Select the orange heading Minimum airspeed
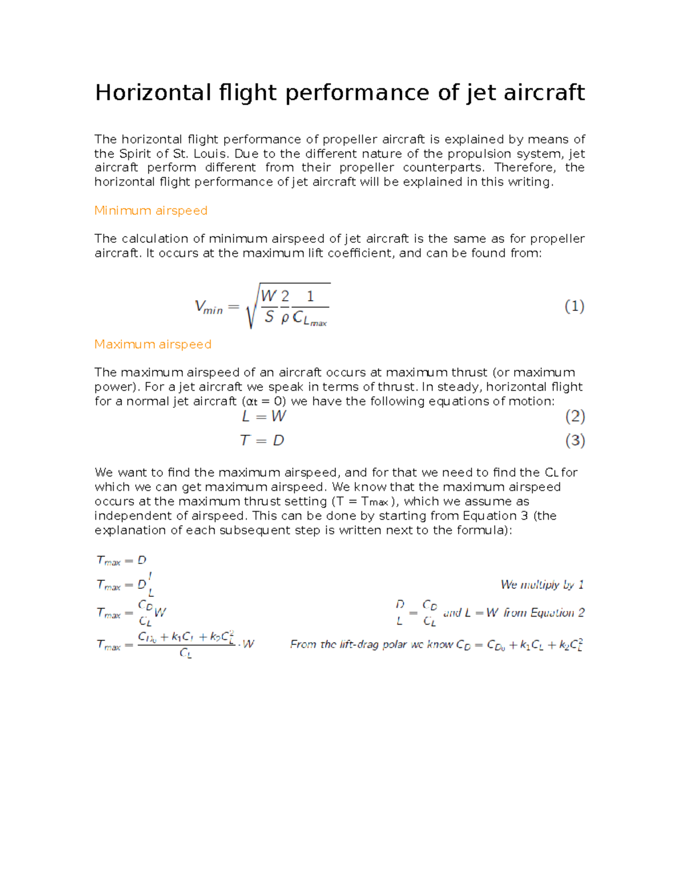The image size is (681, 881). tap(150, 210)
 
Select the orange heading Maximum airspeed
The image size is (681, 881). tap(153, 344)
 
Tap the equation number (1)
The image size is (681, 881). tap(574, 306)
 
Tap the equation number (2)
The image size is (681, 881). tap(575, 416)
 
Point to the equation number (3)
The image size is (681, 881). tap(575, 440)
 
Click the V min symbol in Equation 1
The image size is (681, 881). tap(208, 307)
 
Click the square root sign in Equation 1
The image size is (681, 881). tap(251, 306)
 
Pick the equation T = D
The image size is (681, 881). tap(262, 440)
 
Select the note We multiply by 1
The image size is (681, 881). tap(542, 584)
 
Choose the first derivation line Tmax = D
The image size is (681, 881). tap(121, 560)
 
